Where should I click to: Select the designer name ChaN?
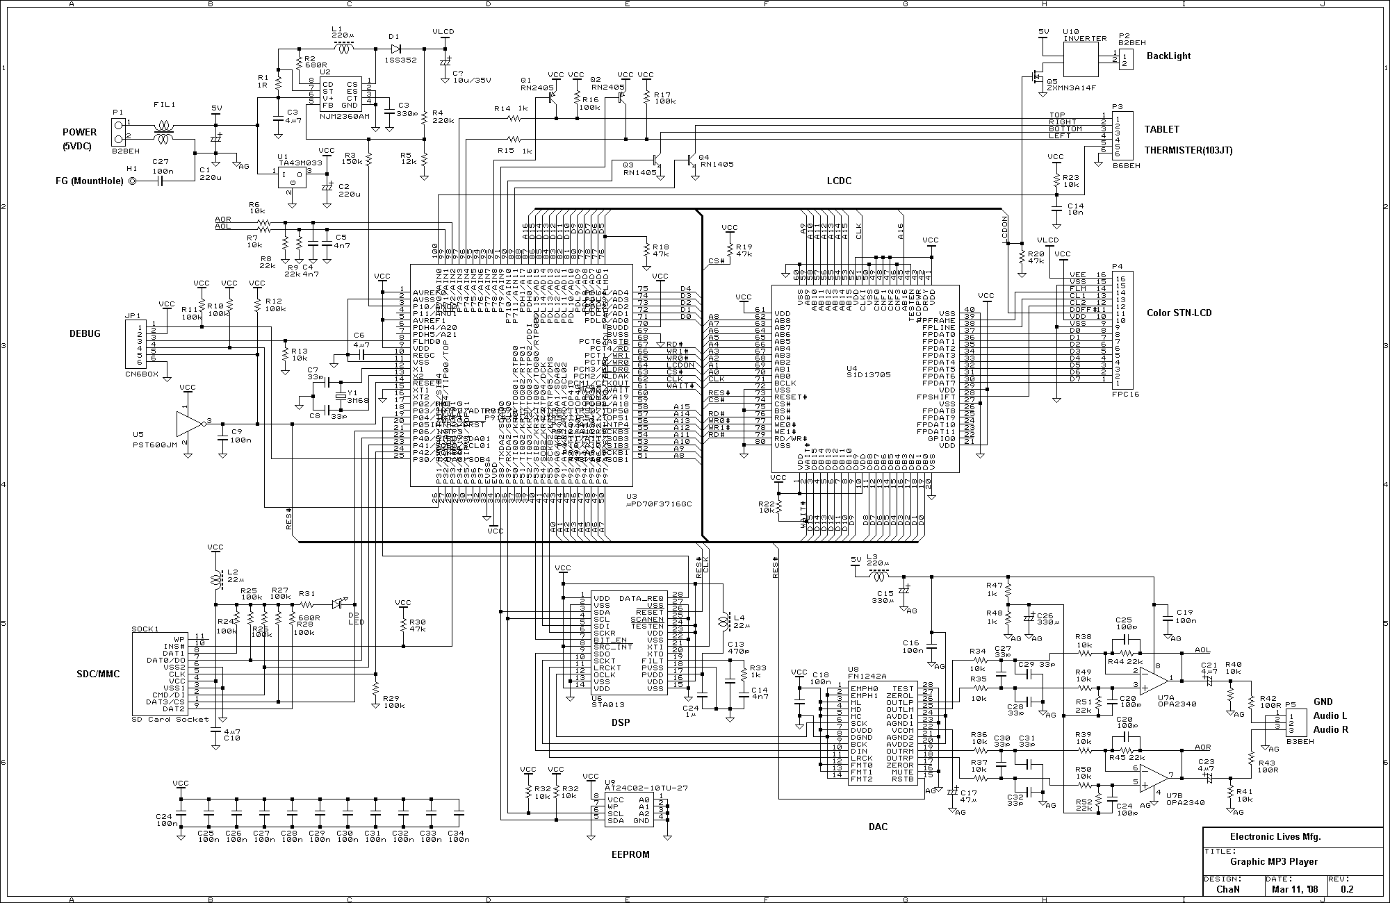1225,888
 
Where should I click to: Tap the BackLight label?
1168,56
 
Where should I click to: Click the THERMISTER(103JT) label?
1188,150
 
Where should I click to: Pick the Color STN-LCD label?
1179,313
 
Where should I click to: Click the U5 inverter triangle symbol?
188,424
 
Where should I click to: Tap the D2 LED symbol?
340,604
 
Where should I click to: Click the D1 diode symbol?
395,49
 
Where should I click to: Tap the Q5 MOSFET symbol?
1036,78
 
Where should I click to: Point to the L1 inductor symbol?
343,49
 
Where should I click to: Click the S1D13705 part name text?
868,375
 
